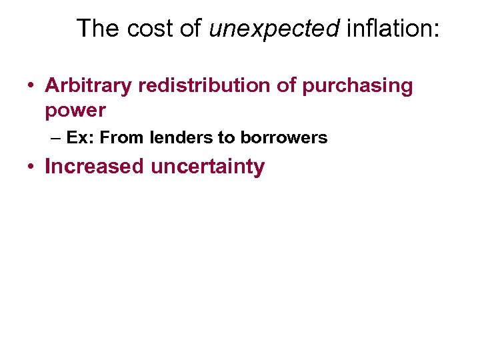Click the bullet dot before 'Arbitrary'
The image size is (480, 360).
tap(31, 86)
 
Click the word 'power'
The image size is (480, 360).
tap(75, 111)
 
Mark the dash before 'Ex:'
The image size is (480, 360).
tap(55, 138)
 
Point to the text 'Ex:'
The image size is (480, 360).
tap(81, 138)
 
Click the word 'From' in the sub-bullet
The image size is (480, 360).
tap(124, 138)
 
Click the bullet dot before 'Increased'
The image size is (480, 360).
tap(31, 167)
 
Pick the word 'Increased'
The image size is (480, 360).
tap(94, 166)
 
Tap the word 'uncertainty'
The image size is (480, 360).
tap(207, 167)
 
